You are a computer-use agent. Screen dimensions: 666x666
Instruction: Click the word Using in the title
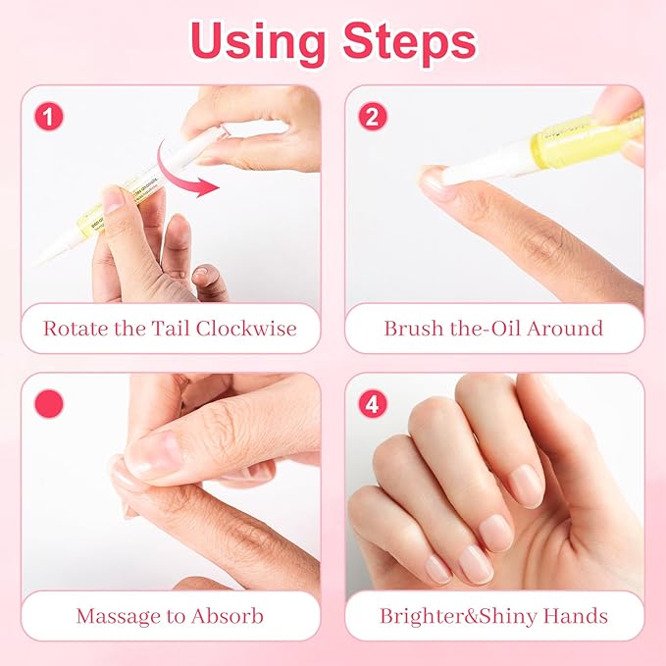[x=257, y=42]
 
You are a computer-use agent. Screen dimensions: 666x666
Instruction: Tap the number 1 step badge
[x=49, y=117]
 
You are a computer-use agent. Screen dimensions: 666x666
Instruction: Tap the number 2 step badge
[x=372, y=117]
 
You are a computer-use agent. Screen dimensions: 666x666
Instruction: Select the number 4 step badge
[x=372, y=403]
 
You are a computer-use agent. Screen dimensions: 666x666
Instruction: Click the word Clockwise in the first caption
[x=245, y=328]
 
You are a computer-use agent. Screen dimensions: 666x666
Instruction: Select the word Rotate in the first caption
[x=75, y=328]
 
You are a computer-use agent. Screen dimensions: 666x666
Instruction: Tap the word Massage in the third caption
[x=118, y=616]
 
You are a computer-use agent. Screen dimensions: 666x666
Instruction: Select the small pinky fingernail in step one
[x=204, y=276]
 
